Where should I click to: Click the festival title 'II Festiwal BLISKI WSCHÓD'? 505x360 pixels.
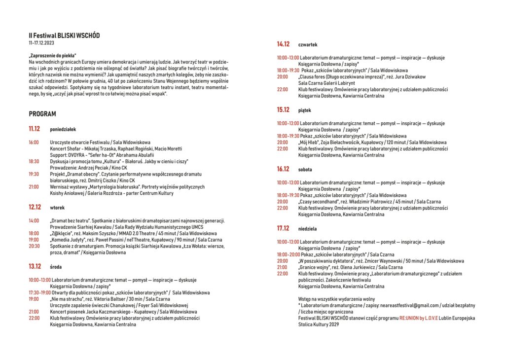click(64, 36)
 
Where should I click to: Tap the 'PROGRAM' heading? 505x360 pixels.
click(42, 114)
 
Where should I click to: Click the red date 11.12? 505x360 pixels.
click(35, 129)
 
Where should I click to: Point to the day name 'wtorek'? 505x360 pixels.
click(58, 208)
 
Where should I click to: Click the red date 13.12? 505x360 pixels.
click(35, 266)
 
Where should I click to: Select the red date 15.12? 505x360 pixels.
click(283, 110)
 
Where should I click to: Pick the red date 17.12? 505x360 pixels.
click(283, 228)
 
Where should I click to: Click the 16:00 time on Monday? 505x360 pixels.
click(34, 142)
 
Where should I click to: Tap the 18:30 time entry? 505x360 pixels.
click(34, 161)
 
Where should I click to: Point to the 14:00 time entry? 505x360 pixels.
click(34, 220)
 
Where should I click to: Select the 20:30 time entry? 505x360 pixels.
click(34, 246)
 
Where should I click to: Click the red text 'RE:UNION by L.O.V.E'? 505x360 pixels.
click(422, 319)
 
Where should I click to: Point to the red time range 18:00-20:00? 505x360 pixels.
click(288, 254)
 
